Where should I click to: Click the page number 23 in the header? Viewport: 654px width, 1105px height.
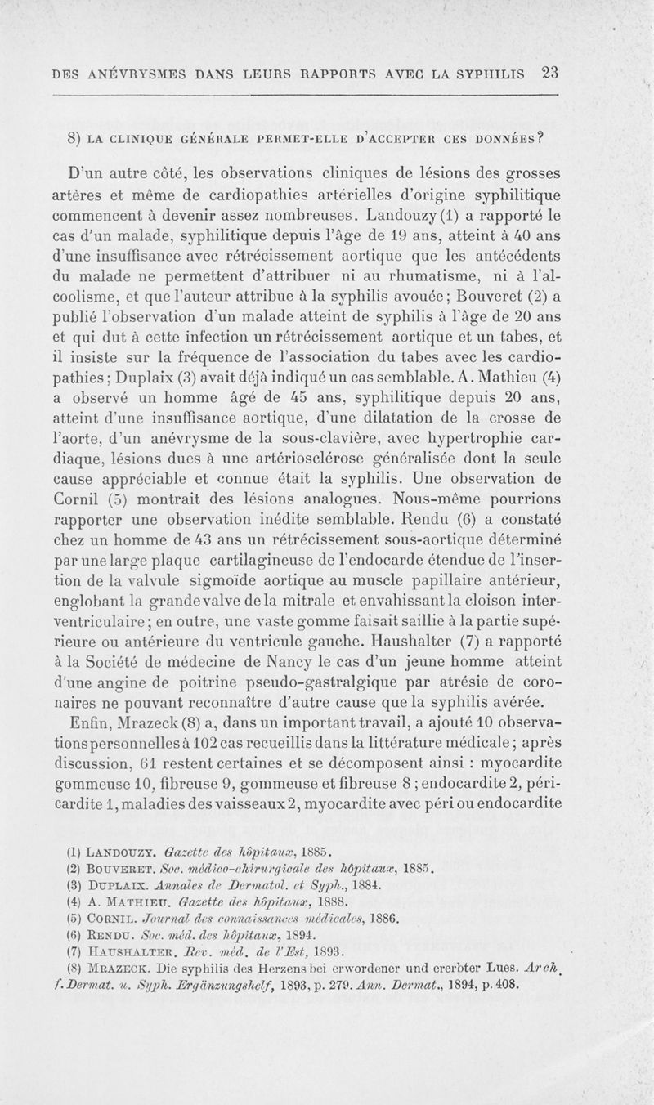549,71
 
